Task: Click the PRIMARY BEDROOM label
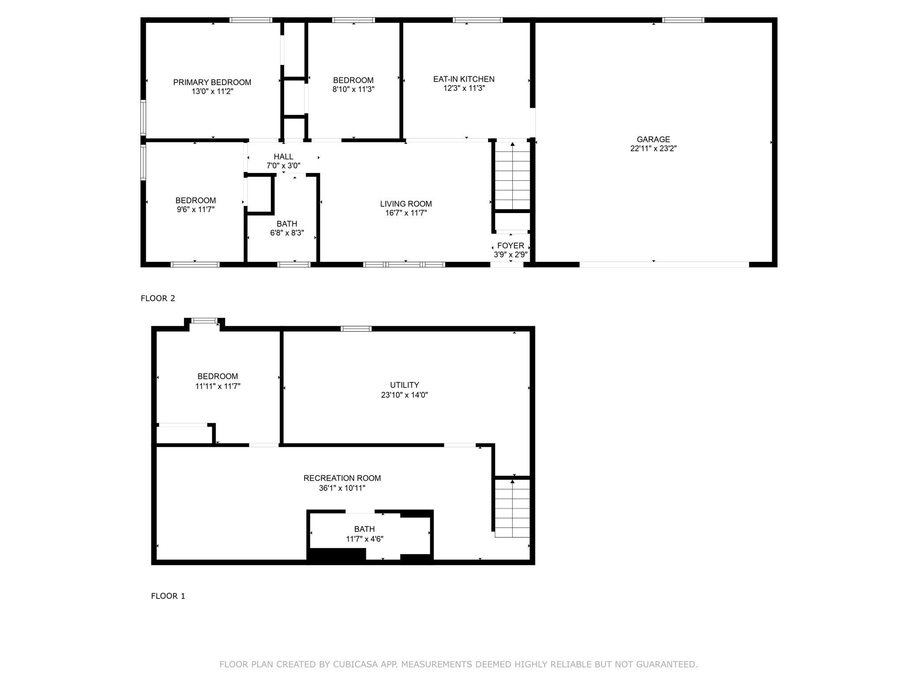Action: click(212, 82)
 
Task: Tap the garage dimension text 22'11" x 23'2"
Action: click(653, 149)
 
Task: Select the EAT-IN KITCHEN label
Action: click(463, 79)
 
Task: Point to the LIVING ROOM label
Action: click(406, 204)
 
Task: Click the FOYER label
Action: click(510, 246)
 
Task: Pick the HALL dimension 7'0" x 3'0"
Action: click(283, 166)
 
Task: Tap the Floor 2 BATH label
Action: click(287, 224)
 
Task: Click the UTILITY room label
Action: click(404, 385)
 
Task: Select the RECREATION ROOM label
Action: click(342, 478)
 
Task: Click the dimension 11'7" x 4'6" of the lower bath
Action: click(365, 538)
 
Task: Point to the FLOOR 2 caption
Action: click(158, 299)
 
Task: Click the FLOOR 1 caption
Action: click(168, 596)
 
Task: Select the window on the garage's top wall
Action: click(683, 20)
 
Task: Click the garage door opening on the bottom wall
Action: click(664, 265)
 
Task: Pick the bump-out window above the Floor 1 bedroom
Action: click(204, 321)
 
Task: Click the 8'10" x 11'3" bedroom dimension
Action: click(353, 89)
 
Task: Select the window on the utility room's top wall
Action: click(356, 329)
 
